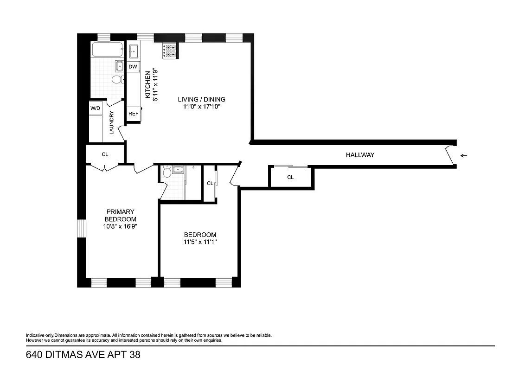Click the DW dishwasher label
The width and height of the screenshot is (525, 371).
[x=133, y=67]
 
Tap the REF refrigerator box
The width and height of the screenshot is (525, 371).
[x=133, y=114]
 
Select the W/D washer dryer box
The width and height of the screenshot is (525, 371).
[x=95, y=108]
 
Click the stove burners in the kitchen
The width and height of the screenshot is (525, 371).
[x=170, y=51]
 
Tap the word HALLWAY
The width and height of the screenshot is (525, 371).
[x=360, y=155]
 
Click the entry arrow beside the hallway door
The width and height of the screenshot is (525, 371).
[x=464, y=156]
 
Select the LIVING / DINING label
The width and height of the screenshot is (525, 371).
[x=202, y=99]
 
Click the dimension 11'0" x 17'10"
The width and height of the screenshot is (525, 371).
[x=202, y=107]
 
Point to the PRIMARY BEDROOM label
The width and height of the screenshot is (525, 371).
[x=120, y=216]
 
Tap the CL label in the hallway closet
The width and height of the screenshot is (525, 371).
[x=290, y=177]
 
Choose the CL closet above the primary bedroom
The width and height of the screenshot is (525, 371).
[x=105, y=154]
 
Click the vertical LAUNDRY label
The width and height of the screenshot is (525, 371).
[x=112, y=123]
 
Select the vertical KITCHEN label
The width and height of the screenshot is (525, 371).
[x=148, y=85]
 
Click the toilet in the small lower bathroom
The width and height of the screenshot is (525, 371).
[x=167, y=173]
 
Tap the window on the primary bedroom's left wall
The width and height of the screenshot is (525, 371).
[x=82, y=227]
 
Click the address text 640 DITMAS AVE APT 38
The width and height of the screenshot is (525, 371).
[x=83, y=355]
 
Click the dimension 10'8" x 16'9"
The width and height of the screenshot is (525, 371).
[x=120, y=227]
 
